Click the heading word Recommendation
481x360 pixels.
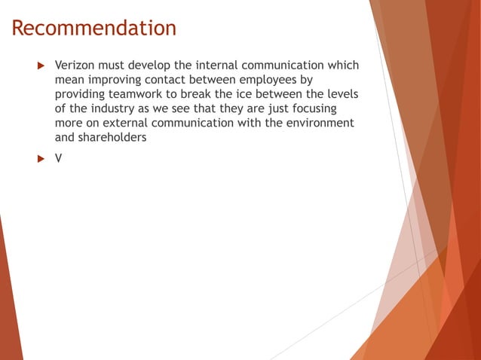click(x=94, y=29)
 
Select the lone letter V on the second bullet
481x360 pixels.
click(x=59, y=160)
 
